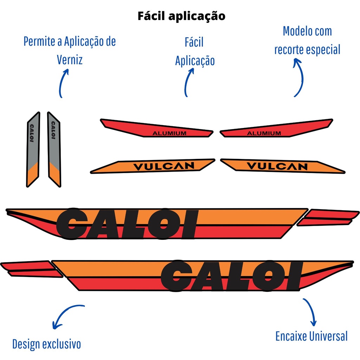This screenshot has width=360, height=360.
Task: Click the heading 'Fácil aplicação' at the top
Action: pos(181,16)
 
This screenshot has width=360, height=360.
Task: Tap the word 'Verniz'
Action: pos(70,59)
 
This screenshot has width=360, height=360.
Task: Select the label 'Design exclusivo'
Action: pos(46,344)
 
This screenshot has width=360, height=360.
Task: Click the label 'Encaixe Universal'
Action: pos(311,336)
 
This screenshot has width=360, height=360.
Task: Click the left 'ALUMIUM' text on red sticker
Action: pos(169,133)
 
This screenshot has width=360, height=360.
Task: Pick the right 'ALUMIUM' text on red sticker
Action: pos(264,133)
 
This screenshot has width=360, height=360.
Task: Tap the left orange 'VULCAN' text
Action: pos(164,166)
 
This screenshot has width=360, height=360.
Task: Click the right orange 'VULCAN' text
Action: pos(277,166)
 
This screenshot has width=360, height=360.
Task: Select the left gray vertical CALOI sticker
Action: pos(33,149)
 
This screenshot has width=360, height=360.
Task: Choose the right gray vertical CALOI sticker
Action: pos(54,149)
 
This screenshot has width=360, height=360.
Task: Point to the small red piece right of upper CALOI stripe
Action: pos(329,217)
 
